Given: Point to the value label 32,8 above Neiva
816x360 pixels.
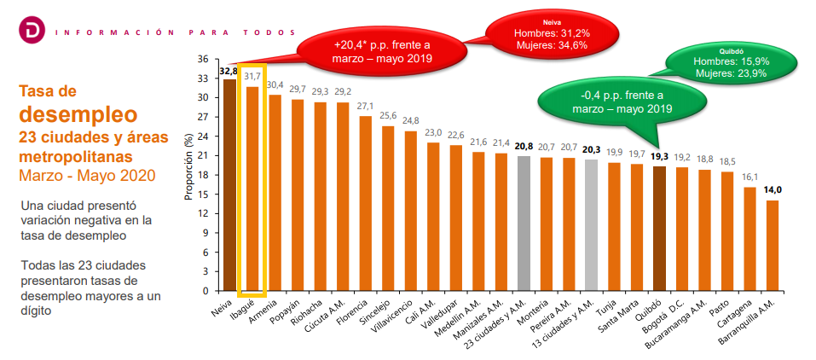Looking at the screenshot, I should tap(229, 72).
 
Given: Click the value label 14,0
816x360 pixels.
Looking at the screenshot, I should tap(773, 190).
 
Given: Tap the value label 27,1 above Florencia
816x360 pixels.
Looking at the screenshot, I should tap(365, 107).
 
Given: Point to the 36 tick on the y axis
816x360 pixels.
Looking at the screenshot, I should tap(202, 59).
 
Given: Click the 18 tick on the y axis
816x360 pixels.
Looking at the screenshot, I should tap(202, 175).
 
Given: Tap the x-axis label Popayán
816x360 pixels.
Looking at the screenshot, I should tap(286, 309).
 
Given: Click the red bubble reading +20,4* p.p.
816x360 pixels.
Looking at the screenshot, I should tap(382, 50).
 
